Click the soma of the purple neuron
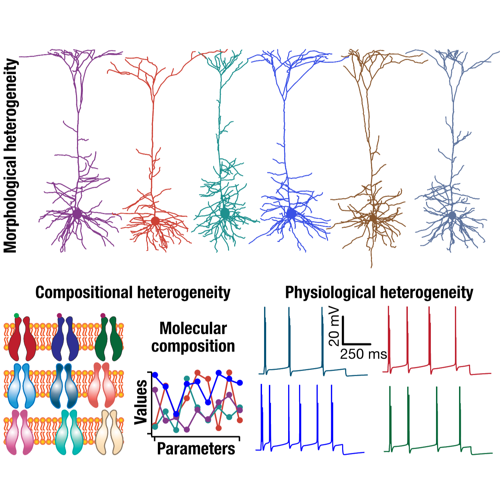77,214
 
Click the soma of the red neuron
155,221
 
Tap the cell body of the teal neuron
225,213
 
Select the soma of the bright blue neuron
291,214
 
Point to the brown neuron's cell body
373,218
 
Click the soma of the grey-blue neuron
452,216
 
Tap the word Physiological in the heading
330,292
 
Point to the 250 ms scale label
363,354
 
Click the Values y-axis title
141,402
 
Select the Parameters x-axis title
196,449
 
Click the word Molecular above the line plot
193,328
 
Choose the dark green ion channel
109,339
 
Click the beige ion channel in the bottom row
109,433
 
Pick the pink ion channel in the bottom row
20,433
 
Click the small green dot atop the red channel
16,315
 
